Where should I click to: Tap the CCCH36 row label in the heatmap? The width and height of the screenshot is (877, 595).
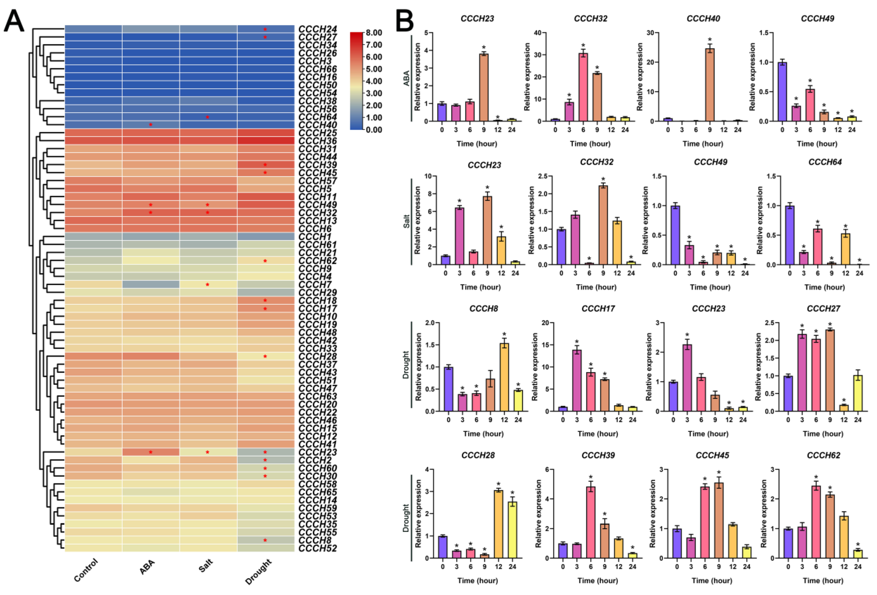pos(317,141)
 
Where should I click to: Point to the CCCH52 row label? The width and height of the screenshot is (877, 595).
pos(317,548)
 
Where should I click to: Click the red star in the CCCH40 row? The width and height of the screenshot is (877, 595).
pos(150,125)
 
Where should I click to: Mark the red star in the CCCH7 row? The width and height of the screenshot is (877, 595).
pos(207,284)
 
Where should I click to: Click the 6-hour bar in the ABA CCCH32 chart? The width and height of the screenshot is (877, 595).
pos(583,87)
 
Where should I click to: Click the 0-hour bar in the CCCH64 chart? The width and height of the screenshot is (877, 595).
pos(789,235)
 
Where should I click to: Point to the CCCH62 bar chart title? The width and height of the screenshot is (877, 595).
pos(823,455)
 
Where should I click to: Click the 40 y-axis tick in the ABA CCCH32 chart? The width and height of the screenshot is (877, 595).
pos(537,33)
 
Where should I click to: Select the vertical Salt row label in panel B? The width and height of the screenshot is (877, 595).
pos(406,221)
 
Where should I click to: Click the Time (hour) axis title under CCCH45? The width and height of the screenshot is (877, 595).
pos(712,580)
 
